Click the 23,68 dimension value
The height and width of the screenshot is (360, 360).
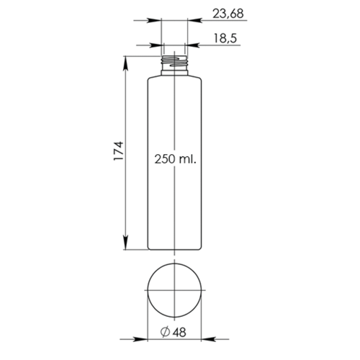coord(228,14)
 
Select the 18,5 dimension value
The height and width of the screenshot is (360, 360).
coord(225,38)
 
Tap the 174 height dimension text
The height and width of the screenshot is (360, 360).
coord(119,151)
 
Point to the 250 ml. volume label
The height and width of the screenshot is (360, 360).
coord(175,159)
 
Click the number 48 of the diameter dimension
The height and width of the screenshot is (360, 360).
coord(179,333)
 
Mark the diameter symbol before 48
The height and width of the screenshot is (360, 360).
coord(165,332)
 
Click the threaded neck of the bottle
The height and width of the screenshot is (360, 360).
coord(174,63)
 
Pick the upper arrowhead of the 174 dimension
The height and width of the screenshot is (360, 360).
coord(125,64)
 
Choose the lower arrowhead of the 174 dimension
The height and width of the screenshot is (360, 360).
coord(125,243)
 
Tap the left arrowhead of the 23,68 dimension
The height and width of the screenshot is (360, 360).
coord(154,20)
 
